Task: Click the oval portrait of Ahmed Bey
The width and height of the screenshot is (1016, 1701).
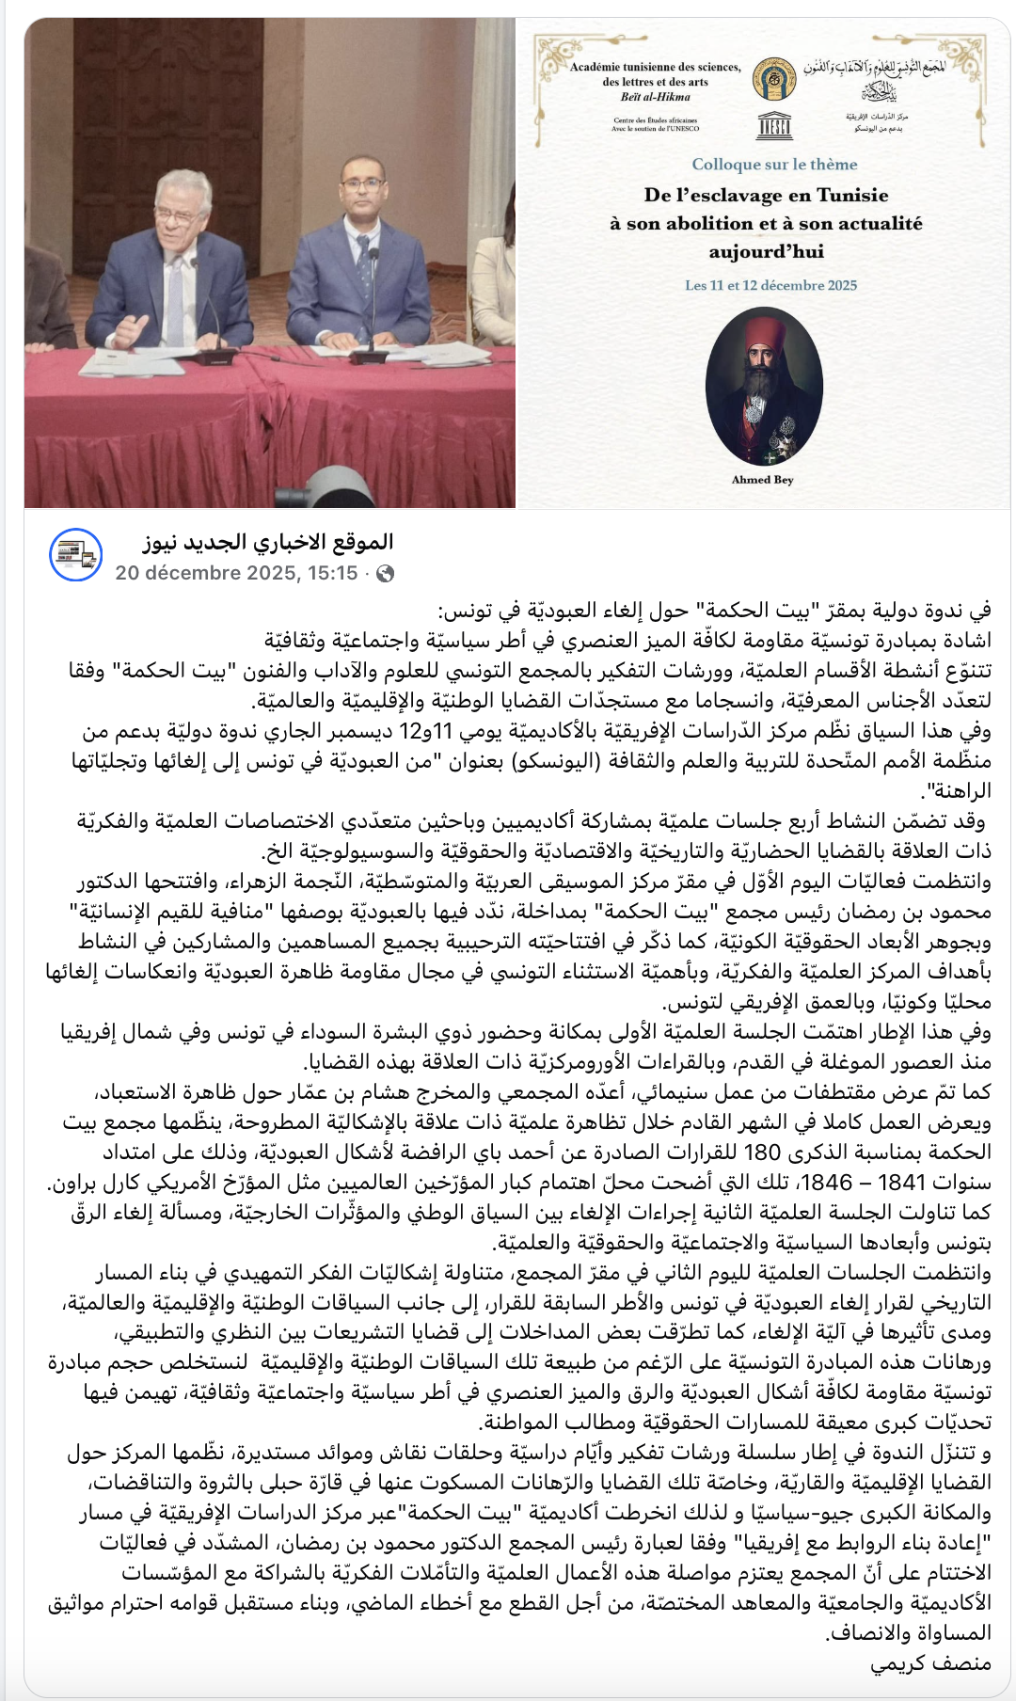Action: click(763, 385)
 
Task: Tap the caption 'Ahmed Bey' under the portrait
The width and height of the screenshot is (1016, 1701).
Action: click(763, 480)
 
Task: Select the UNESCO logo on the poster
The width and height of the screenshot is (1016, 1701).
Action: click(774, 126)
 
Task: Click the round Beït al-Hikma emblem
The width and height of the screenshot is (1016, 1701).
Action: click(774, 78)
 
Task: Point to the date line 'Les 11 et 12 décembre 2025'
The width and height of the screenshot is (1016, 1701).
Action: click(770, 285)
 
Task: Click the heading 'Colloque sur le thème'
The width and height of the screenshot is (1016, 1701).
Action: click(774, 164)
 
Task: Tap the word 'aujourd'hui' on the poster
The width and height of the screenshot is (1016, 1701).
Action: click(766, 251)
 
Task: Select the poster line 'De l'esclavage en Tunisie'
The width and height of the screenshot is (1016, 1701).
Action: click(766, 195)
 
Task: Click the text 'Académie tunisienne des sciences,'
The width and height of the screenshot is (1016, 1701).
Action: click(655, 67)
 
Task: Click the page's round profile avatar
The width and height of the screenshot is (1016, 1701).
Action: click(75, 555)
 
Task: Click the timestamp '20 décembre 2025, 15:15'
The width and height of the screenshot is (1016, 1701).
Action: click(236, 573)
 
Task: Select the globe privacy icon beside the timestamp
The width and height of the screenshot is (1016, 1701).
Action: click(385, 574)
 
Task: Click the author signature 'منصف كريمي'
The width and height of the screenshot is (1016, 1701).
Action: click(931, 1662)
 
